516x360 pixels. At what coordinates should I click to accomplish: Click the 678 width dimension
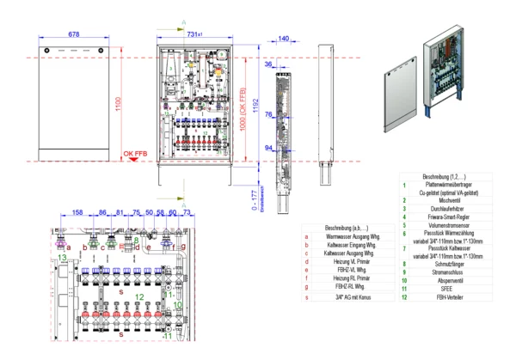click(x=74, y=34)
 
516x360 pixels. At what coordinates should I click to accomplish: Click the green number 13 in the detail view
click(x=62, y=256)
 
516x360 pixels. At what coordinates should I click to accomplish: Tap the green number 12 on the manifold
click(x=139, y=295)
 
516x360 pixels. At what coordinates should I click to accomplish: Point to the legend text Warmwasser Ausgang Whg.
click(x=349, y=234)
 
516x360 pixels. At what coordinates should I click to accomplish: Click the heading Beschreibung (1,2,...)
click(x=444, y=175)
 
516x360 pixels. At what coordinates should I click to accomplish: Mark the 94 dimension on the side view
click(x=268, y=148)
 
